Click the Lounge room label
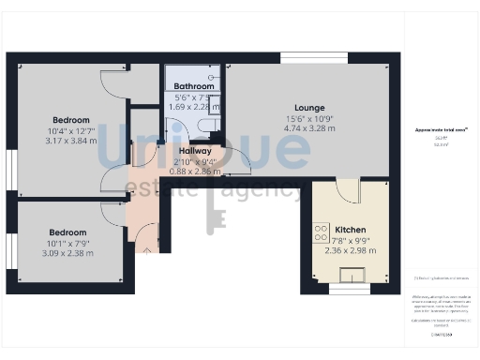point(309,108)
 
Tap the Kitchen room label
point(351,229)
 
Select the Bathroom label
point(194,86)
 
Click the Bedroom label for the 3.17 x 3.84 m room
point(71,120)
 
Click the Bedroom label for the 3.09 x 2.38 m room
point(67,232)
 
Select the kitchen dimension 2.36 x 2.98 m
point(351,250)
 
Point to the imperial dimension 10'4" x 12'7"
point(71,130)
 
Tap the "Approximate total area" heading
point(435,129)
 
